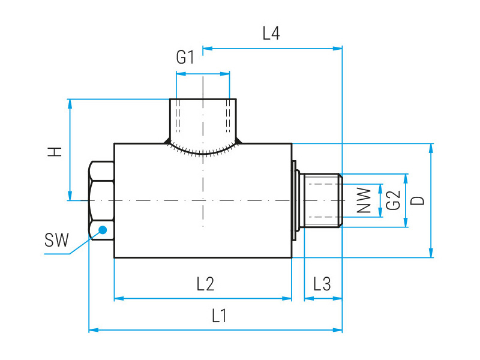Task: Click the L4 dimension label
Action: pyautogui.click(x=271, y=34)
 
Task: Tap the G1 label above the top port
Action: pyautogui.click(x=185, y=57)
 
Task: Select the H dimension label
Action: pyautogui.click(x=55, y=152)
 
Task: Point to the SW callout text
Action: pyautogui.click(x=56, y=240)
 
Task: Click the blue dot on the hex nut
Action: pyautogui.click(x=103, y=230)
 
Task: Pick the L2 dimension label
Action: pyautogui.click(x=205, y=284)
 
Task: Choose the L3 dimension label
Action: pyautogui.click(x=322, y=284)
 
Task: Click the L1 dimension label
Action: pyautogui.click(x=219, y=316)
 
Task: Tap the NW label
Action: pyautogui.click(x=364, y=200)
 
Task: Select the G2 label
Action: pyautogui.click(x=394, y=200)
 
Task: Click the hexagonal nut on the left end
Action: pyautogui.click(x=101, y=200)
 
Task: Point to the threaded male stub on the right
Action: pyautogui.click(x=321, y=200)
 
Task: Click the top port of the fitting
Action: pyautogui.click(x=203, y=121)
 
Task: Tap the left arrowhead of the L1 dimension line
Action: pyautogui.click(x=94, y=330)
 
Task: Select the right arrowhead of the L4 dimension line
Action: pyautogui.click(x=338, y=48)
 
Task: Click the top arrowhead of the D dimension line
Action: pyautogui.click(x=431, y=148)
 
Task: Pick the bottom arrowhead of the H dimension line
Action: pyautogui.click(x=70, y=196)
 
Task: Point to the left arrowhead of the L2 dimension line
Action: pyautogui.click(x=119, y=298)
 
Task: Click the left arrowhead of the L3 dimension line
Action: pyautogui.click(x=309, y=298)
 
